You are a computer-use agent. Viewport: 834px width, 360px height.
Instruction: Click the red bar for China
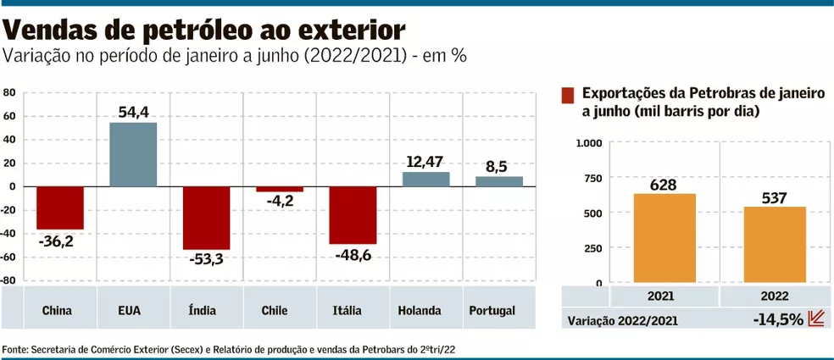point(59,208)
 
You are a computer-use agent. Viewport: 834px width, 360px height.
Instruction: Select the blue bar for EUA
point(133,154)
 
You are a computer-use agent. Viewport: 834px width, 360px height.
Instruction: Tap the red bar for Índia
point(206,218)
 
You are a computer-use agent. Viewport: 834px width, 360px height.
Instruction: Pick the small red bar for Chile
point(280,189)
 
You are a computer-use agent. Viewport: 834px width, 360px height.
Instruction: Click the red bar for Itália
point(353,215)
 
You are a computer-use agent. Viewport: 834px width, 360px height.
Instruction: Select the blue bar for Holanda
point(425,179)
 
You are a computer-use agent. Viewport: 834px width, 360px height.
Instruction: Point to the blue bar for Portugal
point(498,181)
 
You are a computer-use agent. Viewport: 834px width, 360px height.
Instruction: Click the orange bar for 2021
point(664,238)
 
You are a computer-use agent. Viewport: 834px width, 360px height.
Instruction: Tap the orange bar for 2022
point(775,245)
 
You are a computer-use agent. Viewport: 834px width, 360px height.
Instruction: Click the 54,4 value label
point(134,112)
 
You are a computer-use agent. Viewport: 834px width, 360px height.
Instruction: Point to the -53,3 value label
point(206,259)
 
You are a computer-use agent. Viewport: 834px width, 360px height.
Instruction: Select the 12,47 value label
point(425,161)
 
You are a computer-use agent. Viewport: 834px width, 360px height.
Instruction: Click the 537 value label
point(775,198)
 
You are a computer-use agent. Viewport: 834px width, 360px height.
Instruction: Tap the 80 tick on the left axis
point(9,92)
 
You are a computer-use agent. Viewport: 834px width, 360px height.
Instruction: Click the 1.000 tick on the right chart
point(588,142)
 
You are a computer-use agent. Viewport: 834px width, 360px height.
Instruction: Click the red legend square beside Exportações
point(568,94)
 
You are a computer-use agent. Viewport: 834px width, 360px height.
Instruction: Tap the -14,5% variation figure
point(776,320)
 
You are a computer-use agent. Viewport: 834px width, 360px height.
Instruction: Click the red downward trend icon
point(816,319)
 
